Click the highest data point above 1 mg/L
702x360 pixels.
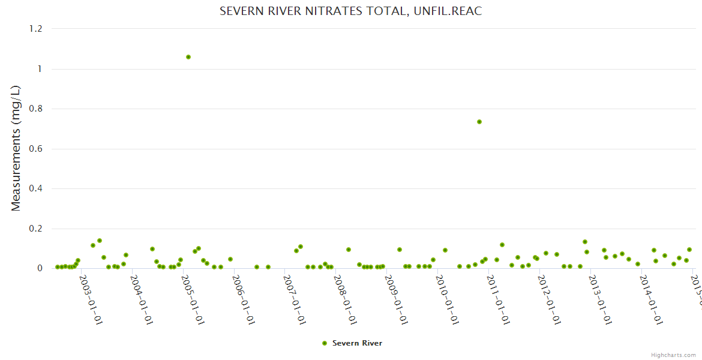tap(188, 57)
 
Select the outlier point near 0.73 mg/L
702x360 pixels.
tap(479, 122)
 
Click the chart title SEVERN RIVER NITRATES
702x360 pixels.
tap(351, 11)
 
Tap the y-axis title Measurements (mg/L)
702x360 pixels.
tap(16, 148)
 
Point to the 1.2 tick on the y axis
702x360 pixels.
tap(37, 29)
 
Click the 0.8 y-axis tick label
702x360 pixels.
tap(37, 109)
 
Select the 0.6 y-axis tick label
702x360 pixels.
tap(37, 149)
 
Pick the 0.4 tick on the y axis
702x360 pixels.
tap(37, 189)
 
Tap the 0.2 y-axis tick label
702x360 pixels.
tap(37, 229)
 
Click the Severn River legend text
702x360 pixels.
tap(357, 343)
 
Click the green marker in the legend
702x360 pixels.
tap(325, 343)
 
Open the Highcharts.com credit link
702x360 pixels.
tap(673, 355)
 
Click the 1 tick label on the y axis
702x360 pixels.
tap(40, 69)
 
